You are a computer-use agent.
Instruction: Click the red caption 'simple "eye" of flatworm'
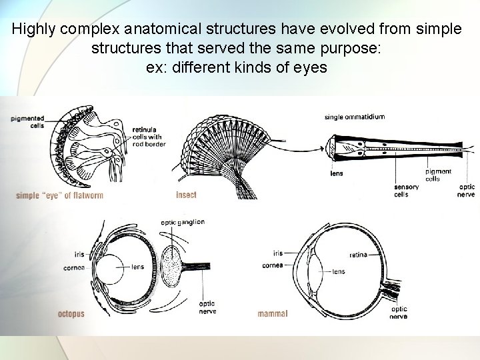pos(60,195)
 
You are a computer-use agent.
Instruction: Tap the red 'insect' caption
pos(186,195)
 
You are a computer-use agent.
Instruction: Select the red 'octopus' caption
pos(71,313)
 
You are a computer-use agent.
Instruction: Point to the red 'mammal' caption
pos(273,313)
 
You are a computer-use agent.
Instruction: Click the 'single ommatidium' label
pos(354,117)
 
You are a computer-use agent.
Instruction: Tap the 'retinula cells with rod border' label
pos(147,136)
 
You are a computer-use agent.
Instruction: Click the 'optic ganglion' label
pos(183,222)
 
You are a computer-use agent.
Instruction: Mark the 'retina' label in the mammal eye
pos(358,255)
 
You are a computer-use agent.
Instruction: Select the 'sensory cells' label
pos(407,191)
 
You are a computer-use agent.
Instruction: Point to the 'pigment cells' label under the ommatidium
pos(438,175)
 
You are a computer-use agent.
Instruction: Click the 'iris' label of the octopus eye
pos(79,254)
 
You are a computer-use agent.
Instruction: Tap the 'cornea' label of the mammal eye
pos(272,265)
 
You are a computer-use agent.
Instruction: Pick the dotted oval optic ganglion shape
pos(175,265)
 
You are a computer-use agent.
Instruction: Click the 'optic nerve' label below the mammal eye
pos(399,313)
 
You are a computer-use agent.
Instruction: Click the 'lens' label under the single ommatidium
pos(337,174)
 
